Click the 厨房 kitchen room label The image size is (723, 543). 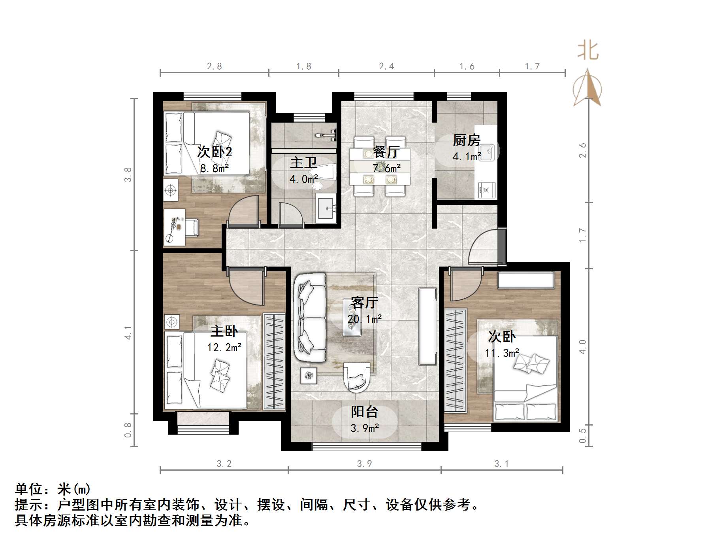pos(467,140)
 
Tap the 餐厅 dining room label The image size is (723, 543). pos(386,152)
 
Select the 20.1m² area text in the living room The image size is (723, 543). pos(364,319)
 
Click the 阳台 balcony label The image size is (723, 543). pos(364,412)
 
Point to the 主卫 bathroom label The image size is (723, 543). pos(303,163)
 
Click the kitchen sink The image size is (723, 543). pos(488,152)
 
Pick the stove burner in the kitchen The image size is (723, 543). pos(486,190)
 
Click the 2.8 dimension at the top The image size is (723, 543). pos(214,66)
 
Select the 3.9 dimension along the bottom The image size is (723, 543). pos(364,464)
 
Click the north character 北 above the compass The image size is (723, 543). pos(587,51)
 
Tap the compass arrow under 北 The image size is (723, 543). pos(587,88)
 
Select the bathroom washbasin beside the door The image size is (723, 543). pos(326,206)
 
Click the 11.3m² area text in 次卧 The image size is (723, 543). pos(502,353)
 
